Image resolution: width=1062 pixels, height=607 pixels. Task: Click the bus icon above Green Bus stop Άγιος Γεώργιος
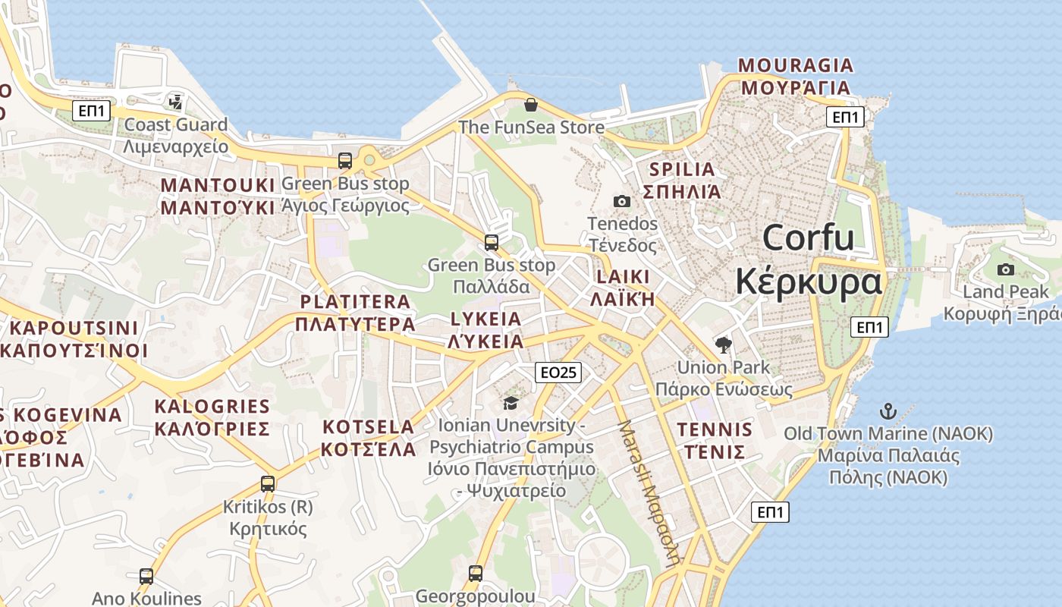click(x=345, y=161)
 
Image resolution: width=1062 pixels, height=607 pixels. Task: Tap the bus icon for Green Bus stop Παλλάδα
click(x=492, y=243)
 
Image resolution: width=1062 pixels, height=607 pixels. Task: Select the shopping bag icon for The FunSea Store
click(x=531, y=105)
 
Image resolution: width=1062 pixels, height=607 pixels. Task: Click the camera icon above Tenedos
click(x=622, y=201)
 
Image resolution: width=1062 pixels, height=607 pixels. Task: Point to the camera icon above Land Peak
click(x=1006, y=269)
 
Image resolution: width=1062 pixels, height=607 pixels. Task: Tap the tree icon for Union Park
click(x=724, y=345)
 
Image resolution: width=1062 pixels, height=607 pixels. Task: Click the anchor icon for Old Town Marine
click(x=888, y=411)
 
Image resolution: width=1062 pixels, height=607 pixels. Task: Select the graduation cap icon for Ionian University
click(x=511, y=402)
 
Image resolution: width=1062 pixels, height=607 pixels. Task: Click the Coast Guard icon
click(x=176, y=102)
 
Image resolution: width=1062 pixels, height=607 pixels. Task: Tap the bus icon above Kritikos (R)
click(x=268, y=483)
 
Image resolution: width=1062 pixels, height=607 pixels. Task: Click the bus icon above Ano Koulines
click(x=146, y=577)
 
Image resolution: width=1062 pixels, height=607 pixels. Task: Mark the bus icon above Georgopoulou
click(x=476, y=573)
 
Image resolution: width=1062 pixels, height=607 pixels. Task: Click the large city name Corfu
click(x=809, y=238)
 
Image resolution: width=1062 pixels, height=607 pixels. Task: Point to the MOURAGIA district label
click(x=796, y=65)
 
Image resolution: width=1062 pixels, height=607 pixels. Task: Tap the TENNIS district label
click(x=715, y=430)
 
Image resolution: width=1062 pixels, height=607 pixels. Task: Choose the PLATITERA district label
click(x=356, y=302)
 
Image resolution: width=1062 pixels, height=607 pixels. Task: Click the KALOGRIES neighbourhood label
click(x=212, y=407)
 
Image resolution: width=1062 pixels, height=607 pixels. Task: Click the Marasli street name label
click(x=648, y=493)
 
